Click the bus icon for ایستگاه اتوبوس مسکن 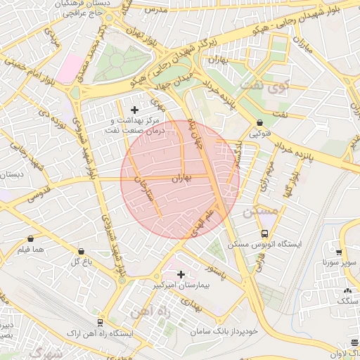pyautogui.click(x=264, y=233)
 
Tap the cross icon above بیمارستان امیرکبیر pyautogui.click(x=181, y=274)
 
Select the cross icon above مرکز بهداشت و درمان pyautogui.click(x=135, y=109)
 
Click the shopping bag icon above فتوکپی pyautogui.click(x=259, y=122)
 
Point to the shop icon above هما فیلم pyautogui.click(x=30, y=238)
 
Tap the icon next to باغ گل pyautogui.click(x=82, y=251)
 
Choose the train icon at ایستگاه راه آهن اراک pyautogui.click(x=100, y=322)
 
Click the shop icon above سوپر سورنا pyautogui.click(x=339, y=252)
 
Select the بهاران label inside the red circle pyautogui.click(x=182, y=179)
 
